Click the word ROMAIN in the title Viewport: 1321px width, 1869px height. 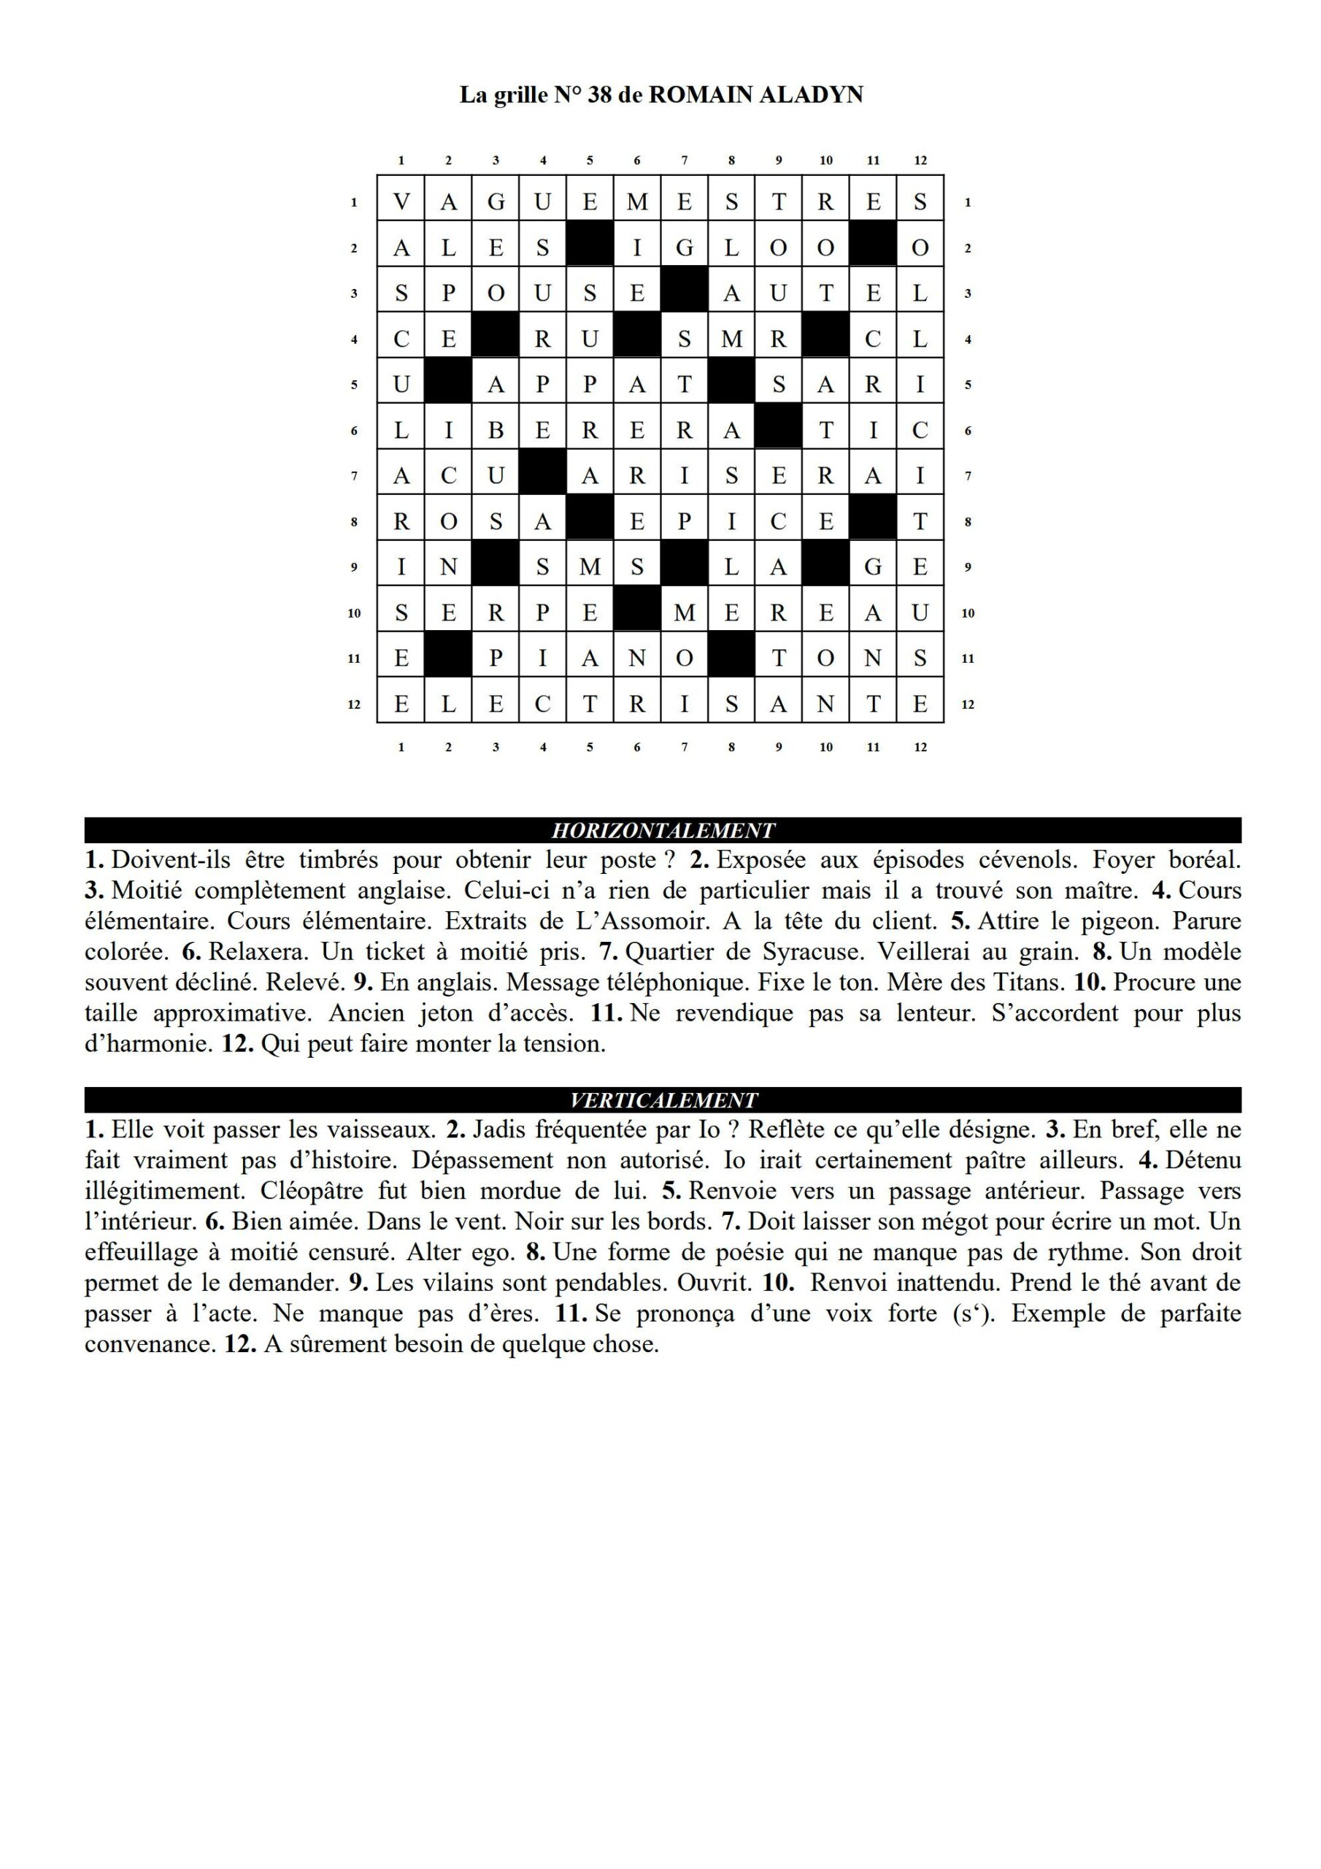701,95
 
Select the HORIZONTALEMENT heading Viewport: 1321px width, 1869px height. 663,831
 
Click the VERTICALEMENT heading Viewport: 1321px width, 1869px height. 663,1100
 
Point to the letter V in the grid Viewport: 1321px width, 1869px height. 401,202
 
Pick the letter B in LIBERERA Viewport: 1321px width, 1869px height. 496,431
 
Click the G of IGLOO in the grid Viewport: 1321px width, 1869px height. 685,248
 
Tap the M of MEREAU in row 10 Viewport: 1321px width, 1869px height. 685,613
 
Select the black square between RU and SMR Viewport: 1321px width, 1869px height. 637,339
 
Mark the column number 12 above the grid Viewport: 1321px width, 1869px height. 920,161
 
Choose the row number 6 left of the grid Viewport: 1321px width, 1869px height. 354,431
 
